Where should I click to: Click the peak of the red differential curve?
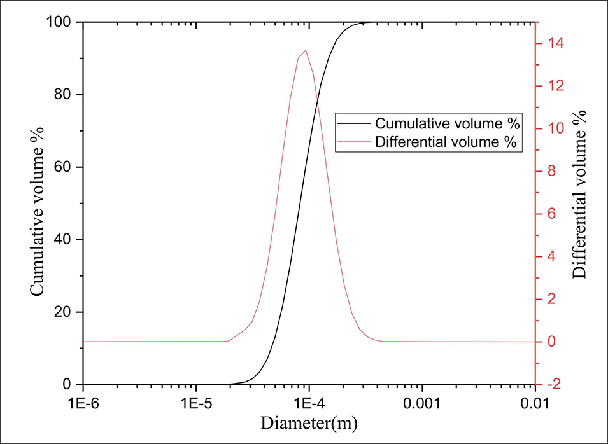pos(306,50)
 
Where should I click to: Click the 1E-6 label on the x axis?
pos(83,403)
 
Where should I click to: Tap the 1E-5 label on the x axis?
pos(196,403)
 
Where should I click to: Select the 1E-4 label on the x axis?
pos(309,403)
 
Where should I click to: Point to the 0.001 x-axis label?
pos(422,403)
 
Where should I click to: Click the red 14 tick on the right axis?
pos(551,43)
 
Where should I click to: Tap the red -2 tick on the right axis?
pos(551,384)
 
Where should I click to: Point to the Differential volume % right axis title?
pos(580,194)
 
